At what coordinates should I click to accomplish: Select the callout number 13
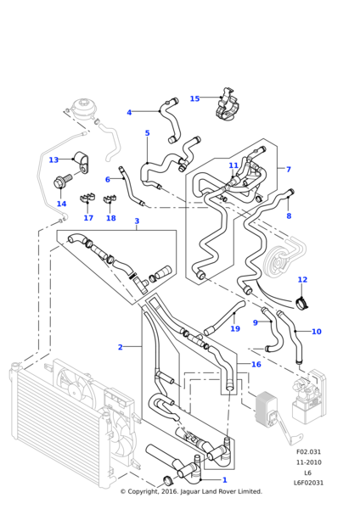(x=53, y=159)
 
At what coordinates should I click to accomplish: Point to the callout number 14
(x=61, y=204)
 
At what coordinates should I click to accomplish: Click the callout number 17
(x=88, y=218)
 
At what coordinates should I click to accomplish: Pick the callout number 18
(x=111, y=218)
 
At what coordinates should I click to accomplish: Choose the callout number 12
(x=302, y=279)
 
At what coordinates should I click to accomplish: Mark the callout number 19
(x=235, y=328)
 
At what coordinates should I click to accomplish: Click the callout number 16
(x=256, y=364)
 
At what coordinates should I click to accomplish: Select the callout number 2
(x=121, y=347)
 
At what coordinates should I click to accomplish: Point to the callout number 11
(x=233, y=165)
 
